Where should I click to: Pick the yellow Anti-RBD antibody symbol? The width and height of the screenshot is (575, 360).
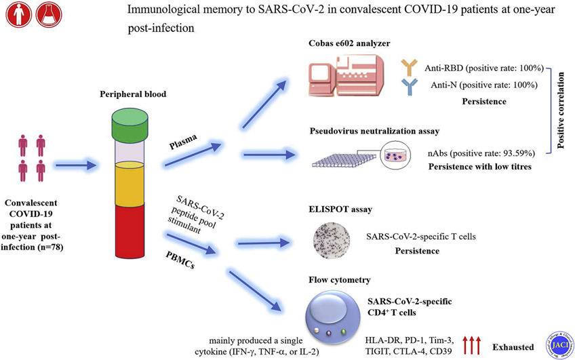click(x=410, y=64)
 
